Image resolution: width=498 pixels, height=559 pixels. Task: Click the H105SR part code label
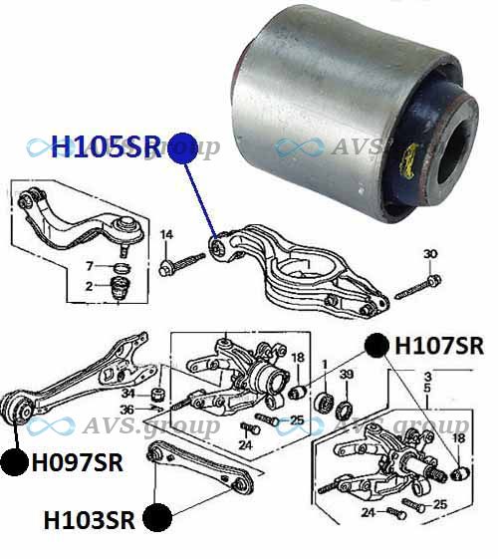coord(107,146)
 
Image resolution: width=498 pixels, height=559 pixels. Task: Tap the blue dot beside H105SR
coord(183,148)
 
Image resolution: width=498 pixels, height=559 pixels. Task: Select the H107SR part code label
coord(439,346)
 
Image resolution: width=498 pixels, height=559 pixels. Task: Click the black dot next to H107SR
coord(376,346)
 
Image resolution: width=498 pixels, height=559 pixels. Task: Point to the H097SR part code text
coord(78,462)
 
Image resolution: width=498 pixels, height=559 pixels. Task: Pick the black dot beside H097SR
coord(14,462)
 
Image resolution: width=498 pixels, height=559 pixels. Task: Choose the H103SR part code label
coord(89,520)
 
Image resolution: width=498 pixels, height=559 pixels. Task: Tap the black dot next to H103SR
coord(157,517)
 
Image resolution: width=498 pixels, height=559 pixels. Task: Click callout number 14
coord(166,234)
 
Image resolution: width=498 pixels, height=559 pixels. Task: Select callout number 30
coord(430,254)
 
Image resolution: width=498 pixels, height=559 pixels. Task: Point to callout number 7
coord(90,266)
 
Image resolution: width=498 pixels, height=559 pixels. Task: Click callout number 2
coord(89,286)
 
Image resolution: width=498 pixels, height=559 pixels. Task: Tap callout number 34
coord(128,394)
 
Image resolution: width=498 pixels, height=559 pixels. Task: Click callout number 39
coord(347,375)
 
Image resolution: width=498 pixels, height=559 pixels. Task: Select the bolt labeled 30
coord(418,287)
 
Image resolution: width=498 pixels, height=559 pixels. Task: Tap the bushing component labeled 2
coord(120,288)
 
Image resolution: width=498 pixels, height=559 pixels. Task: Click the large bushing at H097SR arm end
coord(18,408)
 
